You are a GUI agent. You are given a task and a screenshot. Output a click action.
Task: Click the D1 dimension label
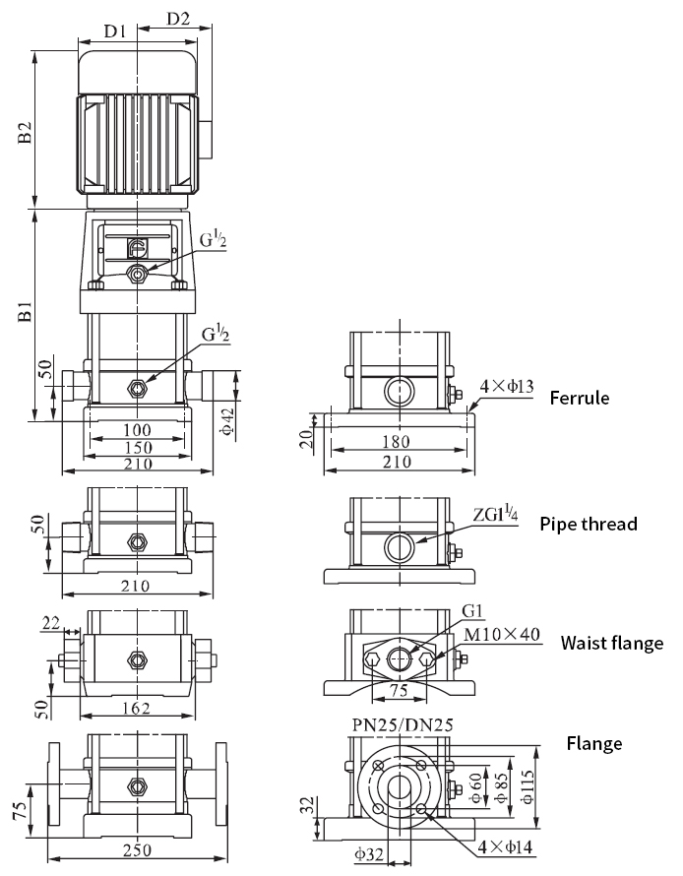click(115, 31)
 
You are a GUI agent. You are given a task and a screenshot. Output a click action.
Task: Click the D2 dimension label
click(178, 18)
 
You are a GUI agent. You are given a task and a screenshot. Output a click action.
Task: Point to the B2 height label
click(26, 133)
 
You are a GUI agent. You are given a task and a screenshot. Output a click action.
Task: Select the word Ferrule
click(580, 399)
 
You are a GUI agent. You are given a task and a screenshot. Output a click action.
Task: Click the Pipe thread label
click(589, 524)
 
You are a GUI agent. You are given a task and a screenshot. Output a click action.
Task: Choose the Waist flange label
click(612, 644)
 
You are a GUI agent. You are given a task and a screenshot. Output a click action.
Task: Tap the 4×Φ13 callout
click(507, 387)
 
